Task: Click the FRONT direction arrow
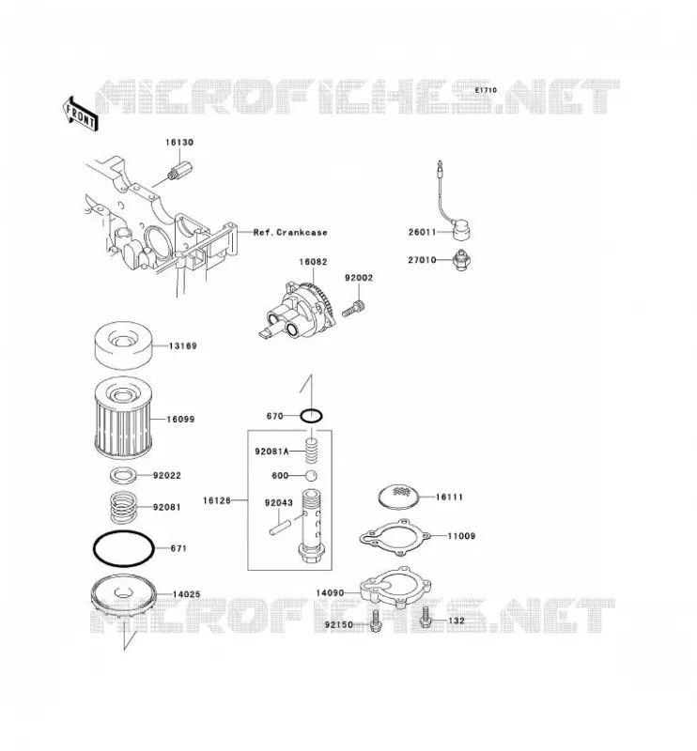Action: pos(80,114)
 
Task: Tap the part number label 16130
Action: pos(179,143)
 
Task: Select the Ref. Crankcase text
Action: pos(290,233)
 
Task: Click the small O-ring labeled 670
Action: pos(312,416)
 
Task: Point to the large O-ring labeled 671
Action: pos(123,531)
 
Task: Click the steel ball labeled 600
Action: pos(312,476)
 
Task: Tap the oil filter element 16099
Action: pos(124,418)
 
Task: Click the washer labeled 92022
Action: pos(123,476)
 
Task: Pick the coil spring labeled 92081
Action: pos(125,508)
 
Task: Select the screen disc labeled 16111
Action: pos(399,497)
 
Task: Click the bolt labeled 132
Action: pos(426,618)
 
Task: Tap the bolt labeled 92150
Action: pos(376,621)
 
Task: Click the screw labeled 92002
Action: pos(354,308)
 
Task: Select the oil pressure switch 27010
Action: pos(461,261)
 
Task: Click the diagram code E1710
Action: pos(486,90)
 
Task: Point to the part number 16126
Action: pos(217,500)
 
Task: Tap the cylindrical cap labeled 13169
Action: pos(124,345)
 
